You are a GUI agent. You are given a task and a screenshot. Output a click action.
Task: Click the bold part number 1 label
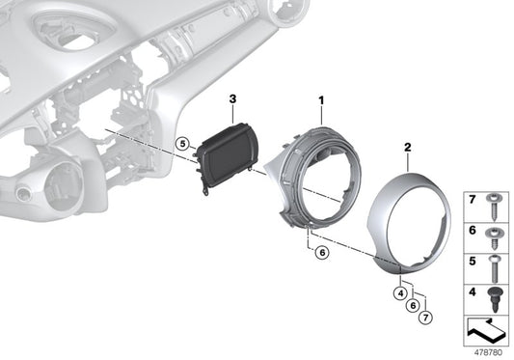coord(321,99)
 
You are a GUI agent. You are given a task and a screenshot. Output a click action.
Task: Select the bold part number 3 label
coord(232,98)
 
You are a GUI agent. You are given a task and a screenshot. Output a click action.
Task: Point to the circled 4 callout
coord(399,291)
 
